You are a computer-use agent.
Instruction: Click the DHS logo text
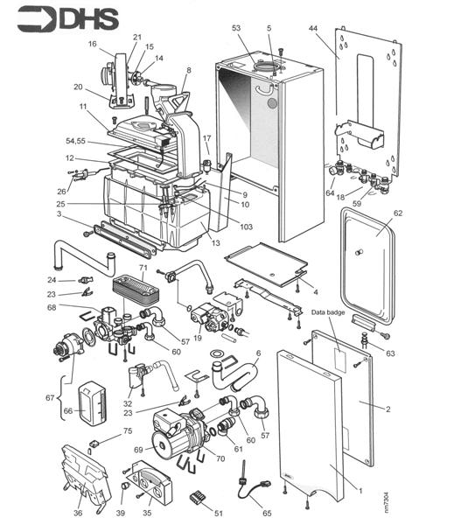click(x=89, y=19)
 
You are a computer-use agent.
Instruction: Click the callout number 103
click(x=246, y=227)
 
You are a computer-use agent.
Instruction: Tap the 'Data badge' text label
click(x=328, y=312)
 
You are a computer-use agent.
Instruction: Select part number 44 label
click(x=313, y=29)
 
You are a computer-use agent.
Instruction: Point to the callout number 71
click(x=143, y=268)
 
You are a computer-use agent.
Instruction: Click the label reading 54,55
click(x=75, y=141)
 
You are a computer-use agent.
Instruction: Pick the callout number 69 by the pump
click(x=138, y=450)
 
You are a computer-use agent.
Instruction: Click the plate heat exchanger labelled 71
click(x=136, y=290)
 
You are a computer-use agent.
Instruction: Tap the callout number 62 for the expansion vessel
click(x=398, y=213)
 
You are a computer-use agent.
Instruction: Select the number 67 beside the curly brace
click(x=50, y=398)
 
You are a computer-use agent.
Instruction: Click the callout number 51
click(x=219, y=513)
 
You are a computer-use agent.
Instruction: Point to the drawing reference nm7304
click(x=387, y=502)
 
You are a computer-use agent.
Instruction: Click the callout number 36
click(x=78, y=513)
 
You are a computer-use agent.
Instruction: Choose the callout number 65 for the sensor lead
click(x=267, y=513)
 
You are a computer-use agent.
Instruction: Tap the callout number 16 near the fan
click(x=93, y=44)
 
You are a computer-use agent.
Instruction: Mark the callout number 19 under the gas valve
click(x=198, y=338)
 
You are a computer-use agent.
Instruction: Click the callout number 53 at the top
click(x=236, y=28)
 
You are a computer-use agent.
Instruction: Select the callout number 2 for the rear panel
click(x=388, y=409)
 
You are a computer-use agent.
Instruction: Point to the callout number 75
click(x=128, y=430)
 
